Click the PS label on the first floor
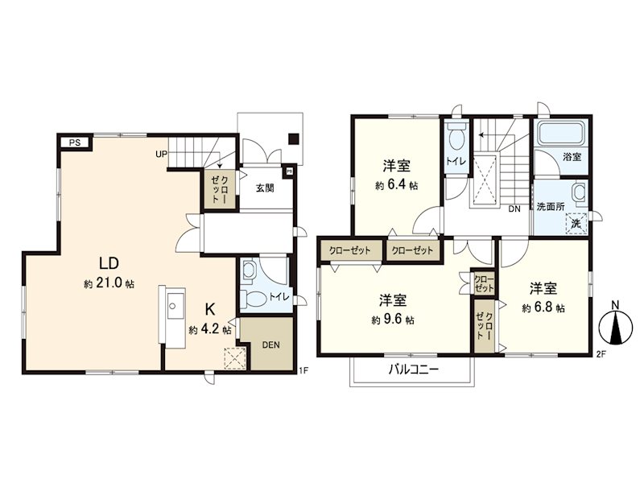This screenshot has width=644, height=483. [74, 142]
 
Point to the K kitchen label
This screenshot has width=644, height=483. [209, 309]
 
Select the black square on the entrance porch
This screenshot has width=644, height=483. [294, 136]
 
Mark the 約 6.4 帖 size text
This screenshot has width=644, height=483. [396, 186]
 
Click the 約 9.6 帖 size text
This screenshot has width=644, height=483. [393, 320]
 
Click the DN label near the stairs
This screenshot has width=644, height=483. [514, 208]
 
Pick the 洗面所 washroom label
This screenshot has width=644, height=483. [551, 206]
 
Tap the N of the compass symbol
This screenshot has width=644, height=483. [614, 305]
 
